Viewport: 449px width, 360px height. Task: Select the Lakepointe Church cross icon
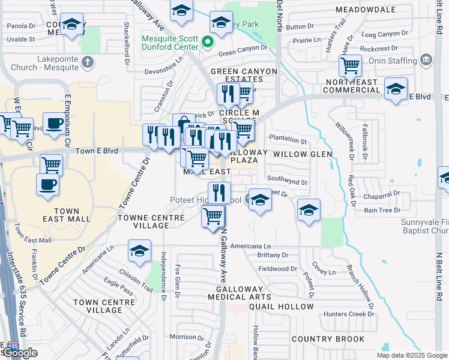(87, 61)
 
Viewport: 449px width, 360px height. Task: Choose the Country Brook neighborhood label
(328, 339)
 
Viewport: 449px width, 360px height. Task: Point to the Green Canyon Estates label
(244, 75)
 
